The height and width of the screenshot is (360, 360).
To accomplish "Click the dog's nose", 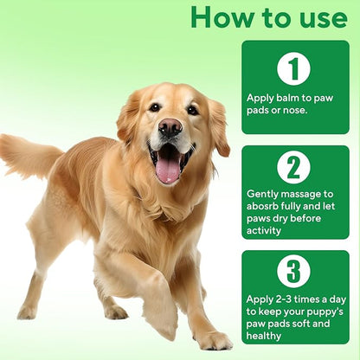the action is (x=170, y=127).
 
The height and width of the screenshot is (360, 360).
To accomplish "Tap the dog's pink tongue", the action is (x=168, y=170).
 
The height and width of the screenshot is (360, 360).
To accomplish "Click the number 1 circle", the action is (x=293, y=69).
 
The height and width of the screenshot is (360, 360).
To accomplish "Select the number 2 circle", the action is (x=293, y=167).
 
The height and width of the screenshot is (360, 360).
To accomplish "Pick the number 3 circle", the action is (x=293, y=271).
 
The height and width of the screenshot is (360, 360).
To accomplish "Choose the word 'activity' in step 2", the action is (x=264, y=231).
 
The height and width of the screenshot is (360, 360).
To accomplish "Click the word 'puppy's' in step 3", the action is (x=325, y=312).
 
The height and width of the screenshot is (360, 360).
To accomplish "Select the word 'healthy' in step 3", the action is (x=264, y=336).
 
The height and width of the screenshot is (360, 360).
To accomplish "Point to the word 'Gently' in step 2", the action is (x=262, y=195).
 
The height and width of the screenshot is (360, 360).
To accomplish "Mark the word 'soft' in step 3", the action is (x=300, y=324).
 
